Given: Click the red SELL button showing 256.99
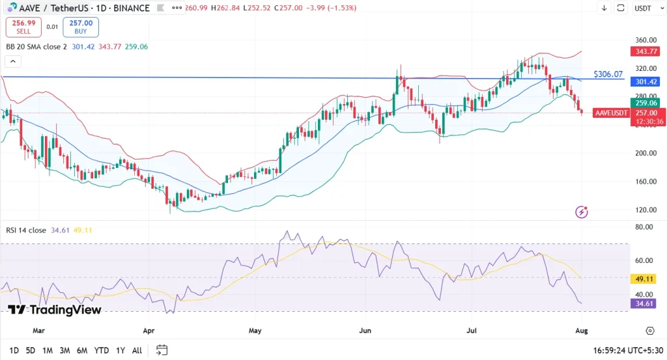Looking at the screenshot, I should pos(23,27).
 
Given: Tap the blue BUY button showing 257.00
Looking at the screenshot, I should pos(81,27).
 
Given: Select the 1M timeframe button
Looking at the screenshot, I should pos(48,350).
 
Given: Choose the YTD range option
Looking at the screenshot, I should pos(101,350).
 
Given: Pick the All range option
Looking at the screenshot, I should pos(137,350).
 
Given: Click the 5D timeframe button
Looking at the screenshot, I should pos(31,350).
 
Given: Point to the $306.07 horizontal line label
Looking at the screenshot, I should pos(608,74).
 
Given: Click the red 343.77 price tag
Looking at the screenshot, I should pos(643,51).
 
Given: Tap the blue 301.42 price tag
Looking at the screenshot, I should pos(643,82).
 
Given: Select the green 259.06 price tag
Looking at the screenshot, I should pos(643,102).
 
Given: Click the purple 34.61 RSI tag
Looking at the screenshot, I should pos(643,303).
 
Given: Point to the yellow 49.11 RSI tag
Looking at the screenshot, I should pos(643,278).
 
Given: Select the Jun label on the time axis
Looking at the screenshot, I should pos(365,330).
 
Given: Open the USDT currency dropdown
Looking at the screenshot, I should pos(643,8).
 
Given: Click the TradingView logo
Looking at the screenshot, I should pos(55,309).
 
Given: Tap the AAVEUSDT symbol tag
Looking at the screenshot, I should pos(612,113).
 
